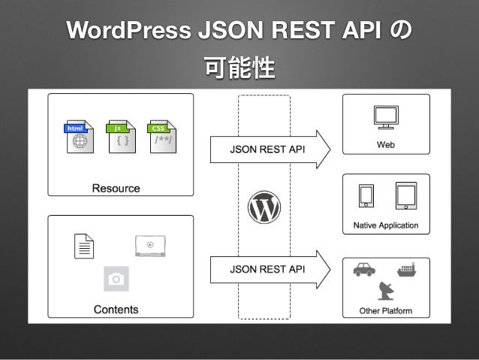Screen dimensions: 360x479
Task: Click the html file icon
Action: point(79,138)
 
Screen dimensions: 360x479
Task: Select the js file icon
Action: point(121,138)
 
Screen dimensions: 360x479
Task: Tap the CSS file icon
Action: point(161,138)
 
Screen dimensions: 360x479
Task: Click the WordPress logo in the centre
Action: point(264,206)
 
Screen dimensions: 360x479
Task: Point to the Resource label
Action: point(116,188)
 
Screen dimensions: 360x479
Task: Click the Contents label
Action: point(116,309)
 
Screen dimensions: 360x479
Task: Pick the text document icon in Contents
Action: point(84,247)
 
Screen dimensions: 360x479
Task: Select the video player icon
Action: point(150,245)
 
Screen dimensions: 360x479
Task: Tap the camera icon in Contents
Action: point(116,279)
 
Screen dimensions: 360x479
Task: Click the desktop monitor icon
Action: point(385,117)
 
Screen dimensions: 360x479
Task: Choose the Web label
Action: point(385,144)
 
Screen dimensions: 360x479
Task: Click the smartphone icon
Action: point(366,196)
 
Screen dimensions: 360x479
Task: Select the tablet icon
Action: point(405,196)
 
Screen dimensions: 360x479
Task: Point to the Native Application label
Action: point(386,225)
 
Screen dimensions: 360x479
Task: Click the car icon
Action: point(364,269)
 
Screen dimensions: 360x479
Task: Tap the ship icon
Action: point(406,268)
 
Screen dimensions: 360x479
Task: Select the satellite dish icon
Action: point(387,289)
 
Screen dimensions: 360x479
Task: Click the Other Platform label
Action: point(386,310)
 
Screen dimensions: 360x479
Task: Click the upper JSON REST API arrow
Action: point(269,149)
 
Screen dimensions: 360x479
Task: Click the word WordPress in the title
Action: point(128,32)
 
